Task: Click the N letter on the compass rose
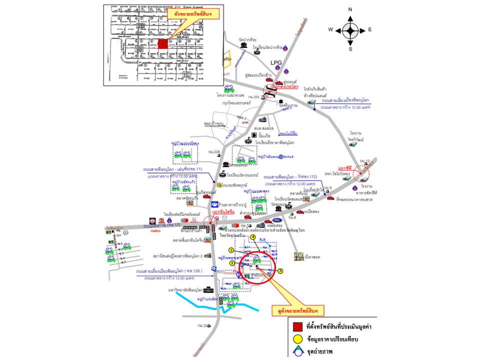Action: point(350,9)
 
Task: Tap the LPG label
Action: point(276,62)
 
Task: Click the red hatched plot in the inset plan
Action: point(162,43)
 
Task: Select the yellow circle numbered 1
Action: point(232,262)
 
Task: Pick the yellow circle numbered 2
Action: point(231,250)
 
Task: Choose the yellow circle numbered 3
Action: point(280,271)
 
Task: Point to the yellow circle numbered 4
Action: point(253,237)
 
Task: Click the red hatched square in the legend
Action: point(296,327)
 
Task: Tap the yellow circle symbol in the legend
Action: point(296,339)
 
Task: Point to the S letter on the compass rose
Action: point(350,49)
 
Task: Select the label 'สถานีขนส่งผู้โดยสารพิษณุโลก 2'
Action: point(175,256)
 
